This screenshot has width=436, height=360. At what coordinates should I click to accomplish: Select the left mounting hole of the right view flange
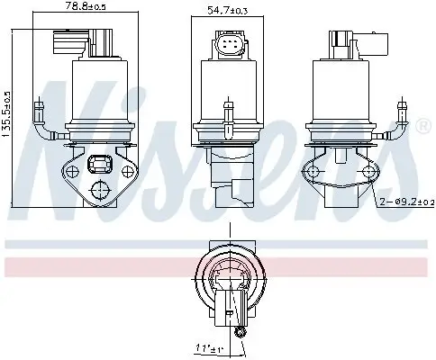tap(313, 171)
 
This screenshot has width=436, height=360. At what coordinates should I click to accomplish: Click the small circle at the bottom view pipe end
tap(239, 334)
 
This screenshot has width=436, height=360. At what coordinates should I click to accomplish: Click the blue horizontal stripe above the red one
tap(90, 244)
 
